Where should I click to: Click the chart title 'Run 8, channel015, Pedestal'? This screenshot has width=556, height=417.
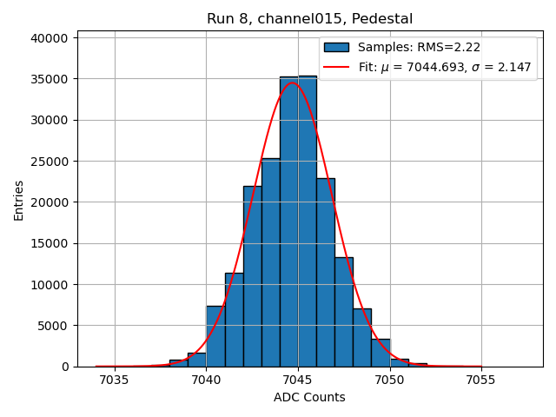point(309,18)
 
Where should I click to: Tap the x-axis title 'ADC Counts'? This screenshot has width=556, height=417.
point(309,397)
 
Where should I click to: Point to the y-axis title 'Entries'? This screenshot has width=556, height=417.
point(18,201)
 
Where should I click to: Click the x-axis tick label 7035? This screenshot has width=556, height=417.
point(115,380)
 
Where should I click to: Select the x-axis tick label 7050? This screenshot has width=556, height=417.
point(390,380)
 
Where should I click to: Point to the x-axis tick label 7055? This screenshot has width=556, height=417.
point(481,380)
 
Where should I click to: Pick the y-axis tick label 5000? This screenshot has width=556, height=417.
point(53,326)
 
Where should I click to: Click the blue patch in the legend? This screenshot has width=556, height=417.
point(336,48)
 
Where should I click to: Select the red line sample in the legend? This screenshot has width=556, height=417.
point(336,67)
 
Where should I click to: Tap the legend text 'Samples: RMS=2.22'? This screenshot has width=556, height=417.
point(419,48)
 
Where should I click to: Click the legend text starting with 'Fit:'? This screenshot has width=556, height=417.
point(445,67)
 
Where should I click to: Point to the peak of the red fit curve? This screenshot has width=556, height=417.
point(292,83)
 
